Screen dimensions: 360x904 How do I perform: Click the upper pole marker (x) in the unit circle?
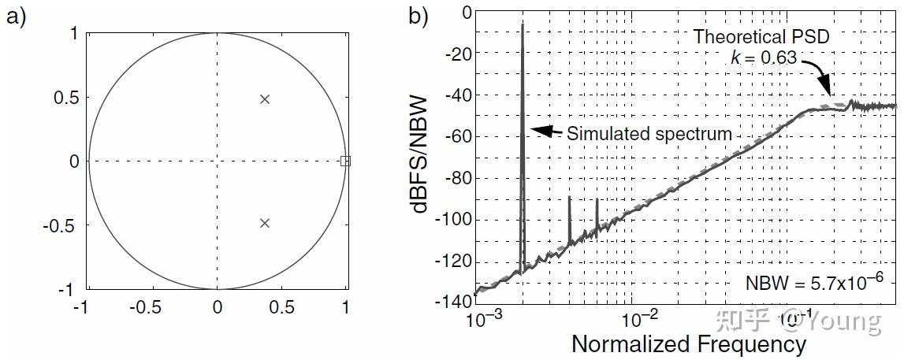265,99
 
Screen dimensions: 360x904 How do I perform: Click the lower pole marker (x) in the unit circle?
265,223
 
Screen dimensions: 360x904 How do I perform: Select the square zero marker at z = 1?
345,161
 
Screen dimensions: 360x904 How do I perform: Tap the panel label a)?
17,17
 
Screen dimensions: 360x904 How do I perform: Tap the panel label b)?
419,17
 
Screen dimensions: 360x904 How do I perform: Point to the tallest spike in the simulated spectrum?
523,26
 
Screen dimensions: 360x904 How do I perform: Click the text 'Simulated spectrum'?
649,135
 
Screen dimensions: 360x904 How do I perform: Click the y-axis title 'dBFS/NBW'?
419,155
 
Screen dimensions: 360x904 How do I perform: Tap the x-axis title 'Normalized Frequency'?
688,345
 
